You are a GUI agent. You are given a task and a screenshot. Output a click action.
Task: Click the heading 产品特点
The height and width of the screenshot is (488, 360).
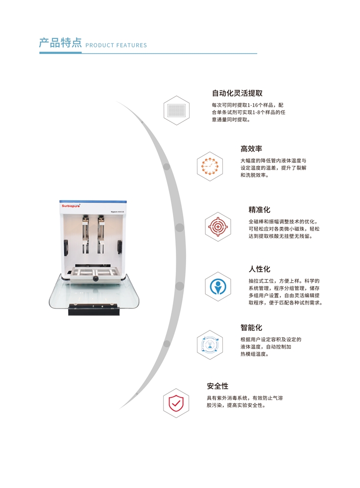tap(60, 43)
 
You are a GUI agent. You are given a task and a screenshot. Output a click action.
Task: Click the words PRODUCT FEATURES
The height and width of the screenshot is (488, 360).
tap(116, 45)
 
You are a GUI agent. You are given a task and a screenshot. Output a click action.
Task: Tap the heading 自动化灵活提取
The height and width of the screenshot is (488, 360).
tap(237, 93)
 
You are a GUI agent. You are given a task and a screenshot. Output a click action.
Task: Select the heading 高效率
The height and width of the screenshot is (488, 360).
tap(251, 149)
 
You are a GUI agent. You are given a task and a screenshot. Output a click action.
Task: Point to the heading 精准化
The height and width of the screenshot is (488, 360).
tap(260, 210)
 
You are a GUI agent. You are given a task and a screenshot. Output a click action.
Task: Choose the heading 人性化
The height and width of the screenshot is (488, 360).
tap(260, 269)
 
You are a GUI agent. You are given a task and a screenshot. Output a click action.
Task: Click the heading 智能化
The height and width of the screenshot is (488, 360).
tap(251, 327)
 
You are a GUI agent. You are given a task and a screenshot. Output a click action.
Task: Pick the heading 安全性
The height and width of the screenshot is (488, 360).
tap(217, 386)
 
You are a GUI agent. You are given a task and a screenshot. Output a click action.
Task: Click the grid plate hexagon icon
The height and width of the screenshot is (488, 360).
tap(177, 111)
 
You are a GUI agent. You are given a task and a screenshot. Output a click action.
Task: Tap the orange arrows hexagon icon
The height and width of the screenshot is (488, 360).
tap(210, 166)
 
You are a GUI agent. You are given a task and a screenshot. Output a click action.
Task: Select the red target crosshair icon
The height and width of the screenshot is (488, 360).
tap(218, 227)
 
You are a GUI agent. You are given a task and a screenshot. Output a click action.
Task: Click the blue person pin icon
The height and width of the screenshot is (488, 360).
tap(218, 286)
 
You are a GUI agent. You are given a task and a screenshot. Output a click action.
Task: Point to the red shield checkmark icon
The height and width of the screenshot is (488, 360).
tap(176, 403)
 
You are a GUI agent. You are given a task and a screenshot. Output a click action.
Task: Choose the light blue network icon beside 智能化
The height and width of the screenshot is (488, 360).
tap(210, 345)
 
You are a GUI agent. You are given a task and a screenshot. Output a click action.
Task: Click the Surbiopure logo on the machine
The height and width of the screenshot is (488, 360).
tap(71, 206)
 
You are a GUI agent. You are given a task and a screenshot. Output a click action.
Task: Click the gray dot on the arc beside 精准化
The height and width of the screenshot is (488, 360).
tap(180, 228)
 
